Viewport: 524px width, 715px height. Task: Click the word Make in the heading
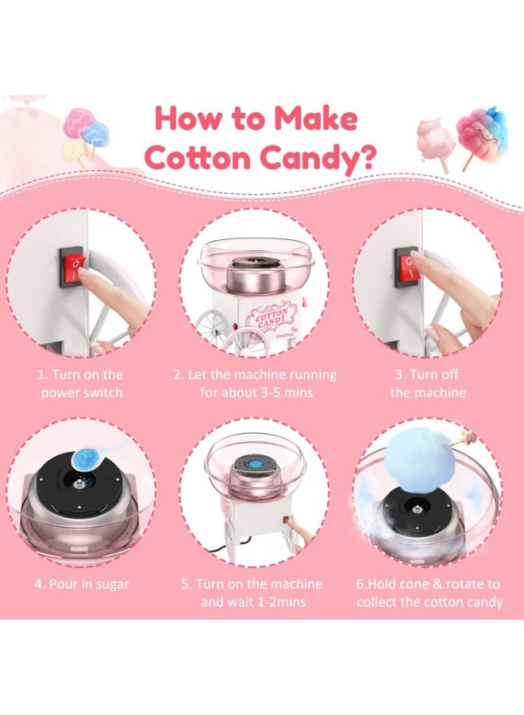(x=315, y=118)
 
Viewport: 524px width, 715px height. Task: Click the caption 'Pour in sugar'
(x=82, y=584)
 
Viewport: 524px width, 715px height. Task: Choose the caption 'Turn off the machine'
(x=428, y=384)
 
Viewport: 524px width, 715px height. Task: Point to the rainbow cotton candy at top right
(x=483, y=132)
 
